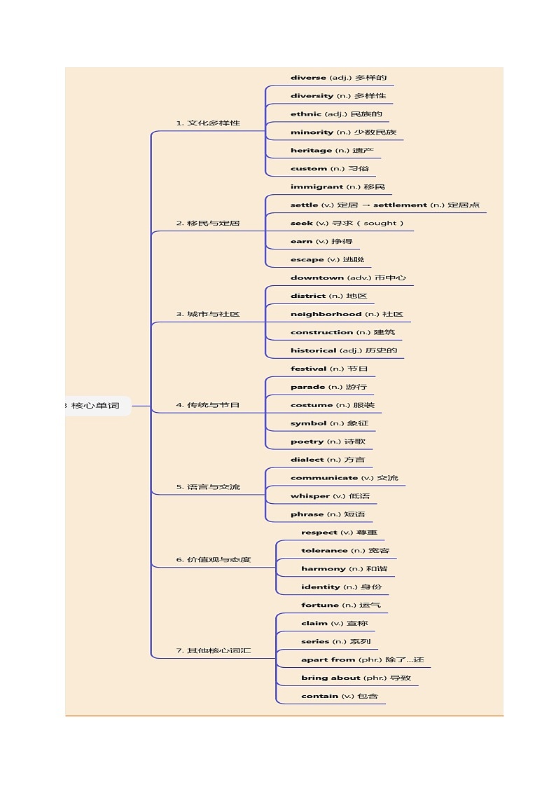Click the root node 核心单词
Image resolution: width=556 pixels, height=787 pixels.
click(x=95, y=406)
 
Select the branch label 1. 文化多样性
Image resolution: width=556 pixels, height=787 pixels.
click(x=208, y=123)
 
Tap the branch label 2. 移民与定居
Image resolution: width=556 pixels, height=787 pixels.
click(x=208, y=224)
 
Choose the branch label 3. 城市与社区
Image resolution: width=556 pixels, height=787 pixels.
click(x=208, y=314)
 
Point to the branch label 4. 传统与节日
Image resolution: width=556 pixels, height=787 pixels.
click(x=208, y=405)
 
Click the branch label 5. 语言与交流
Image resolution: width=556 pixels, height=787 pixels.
click(x=208, y=487)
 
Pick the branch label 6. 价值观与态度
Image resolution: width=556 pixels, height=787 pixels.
click(x=214, y=560)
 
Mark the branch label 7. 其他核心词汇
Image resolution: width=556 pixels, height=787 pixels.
click(x=214, y=650)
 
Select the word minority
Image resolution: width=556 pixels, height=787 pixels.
click(x=312, y=132)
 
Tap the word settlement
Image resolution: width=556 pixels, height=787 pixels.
click(x=400, y=205)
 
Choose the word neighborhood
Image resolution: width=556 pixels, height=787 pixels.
click(x=326, y=314)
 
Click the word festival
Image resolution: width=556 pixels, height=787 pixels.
click(x=308, y=369)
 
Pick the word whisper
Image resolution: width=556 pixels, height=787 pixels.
click(x=310, y=496)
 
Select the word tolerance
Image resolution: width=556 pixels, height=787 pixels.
click(x=324, y=551)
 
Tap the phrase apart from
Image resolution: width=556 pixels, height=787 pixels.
click(x=328, y=660)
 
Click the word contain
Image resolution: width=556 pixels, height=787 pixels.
click(x=320, y=696)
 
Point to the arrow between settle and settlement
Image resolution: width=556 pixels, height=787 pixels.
click(x=366, y=205)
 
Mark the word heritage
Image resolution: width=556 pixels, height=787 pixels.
click(x=311, y=151)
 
